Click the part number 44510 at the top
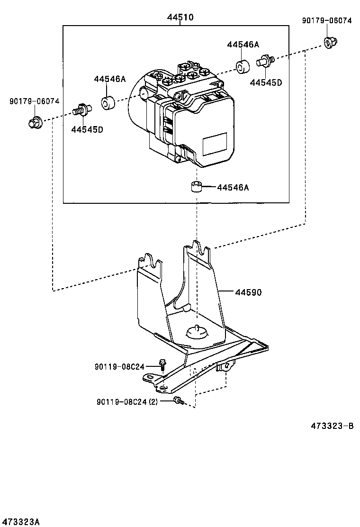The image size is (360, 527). point(180,17)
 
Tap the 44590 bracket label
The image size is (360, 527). point(248,292)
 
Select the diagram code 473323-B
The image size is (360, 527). point(332,426)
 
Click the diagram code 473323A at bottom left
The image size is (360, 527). point(20,522)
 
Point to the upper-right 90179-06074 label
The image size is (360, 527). point(327,21)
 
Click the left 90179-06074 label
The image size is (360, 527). point(34,101)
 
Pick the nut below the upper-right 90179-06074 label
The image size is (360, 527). point(331,42)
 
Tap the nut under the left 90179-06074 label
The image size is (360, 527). point(35,122)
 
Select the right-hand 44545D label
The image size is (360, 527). point(266,82)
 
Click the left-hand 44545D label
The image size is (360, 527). point(87,129)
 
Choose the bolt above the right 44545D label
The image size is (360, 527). point(265,61)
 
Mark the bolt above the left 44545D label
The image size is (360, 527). point(81,109)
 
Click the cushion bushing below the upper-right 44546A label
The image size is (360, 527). point(243,66)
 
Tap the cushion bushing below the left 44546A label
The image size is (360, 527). point(108,102)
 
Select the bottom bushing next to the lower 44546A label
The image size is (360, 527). point(197,187)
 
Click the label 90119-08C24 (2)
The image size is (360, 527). point(127,401)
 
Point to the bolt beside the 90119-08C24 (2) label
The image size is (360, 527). point(179,400)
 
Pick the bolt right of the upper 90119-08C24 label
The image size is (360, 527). point(162,364)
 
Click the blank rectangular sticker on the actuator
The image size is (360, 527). point(215,144)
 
